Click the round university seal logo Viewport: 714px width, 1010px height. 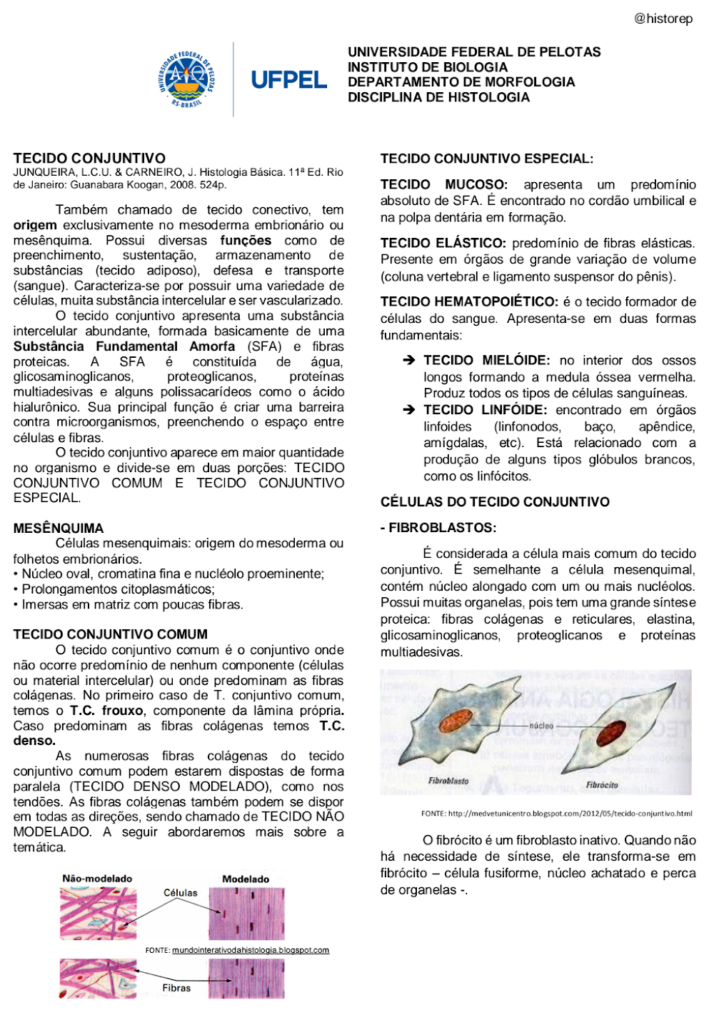click(x=186, y=79)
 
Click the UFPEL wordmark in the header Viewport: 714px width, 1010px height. click(x=288, y=80)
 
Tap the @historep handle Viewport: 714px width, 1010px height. click(x=663, y=19)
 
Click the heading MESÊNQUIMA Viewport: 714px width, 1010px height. click(x=59, y=528)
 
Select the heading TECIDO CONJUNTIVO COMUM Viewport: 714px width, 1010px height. click(x=111, y=634)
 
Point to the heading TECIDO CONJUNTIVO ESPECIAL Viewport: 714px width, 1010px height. click(x=486, y=159)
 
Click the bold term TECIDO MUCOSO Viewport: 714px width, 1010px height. click(x=443, y=184)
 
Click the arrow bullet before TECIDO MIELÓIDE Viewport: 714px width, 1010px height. click(x=408, y=361)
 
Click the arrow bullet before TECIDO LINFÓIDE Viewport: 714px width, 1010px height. click(x=408, y=410)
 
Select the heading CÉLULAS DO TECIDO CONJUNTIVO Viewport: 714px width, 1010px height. click(x=495, y=501)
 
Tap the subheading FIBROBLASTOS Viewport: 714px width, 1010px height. click(x=438, y=528)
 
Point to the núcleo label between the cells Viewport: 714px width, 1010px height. click(x=541, y=726)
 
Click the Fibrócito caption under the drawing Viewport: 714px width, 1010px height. click(x=602, y=785)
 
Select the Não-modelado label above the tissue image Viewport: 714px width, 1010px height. click(x=97, y=879)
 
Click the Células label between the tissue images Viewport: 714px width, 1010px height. click(x=181, y=893)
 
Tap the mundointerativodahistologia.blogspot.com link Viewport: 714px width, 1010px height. click(x=251, y=950)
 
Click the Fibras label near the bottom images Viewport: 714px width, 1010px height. click(x=176, y=988)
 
